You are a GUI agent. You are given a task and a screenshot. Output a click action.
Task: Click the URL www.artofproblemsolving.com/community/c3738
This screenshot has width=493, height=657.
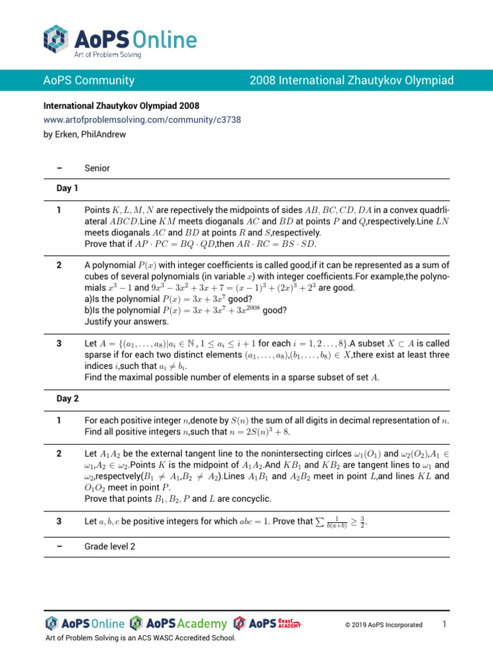[143, 120]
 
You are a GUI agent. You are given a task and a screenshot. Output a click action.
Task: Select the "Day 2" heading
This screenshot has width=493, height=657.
[67, 398]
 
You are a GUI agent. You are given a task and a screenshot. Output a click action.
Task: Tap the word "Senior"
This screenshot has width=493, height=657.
[97, 168]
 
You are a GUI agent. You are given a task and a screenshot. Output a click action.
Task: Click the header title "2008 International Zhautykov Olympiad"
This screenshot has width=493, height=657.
[352, 80]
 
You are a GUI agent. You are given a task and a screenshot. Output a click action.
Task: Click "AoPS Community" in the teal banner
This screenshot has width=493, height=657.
[89, 80]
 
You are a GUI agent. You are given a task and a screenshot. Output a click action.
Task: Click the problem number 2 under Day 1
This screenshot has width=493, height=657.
[59, 264]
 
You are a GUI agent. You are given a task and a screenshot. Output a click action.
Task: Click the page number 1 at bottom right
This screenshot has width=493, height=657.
[444, 624]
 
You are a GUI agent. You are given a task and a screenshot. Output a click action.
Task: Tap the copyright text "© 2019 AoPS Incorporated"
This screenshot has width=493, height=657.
[384, 624]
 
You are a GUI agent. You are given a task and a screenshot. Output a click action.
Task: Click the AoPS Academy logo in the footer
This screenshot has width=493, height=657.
[178, 624]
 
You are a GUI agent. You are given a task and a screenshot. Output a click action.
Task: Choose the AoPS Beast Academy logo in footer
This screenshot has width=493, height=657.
[267, 623]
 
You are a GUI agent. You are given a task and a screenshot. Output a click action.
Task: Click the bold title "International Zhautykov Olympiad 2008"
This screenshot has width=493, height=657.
[121, 105]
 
